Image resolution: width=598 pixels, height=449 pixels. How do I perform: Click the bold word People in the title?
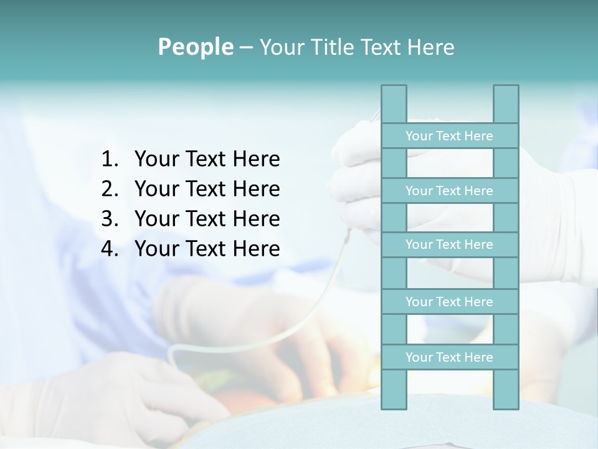[195, 47]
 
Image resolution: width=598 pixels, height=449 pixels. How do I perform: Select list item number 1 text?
[207, 160]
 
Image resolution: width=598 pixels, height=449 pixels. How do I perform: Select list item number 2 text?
[207, 189]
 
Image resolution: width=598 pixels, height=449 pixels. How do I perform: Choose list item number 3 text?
[207, 219]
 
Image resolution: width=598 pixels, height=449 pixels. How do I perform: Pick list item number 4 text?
[207, 249]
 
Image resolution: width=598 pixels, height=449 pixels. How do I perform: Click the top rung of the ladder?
[449, 136]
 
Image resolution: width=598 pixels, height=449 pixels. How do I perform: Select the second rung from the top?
[449, 191]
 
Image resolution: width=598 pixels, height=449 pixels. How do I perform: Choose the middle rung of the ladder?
[449, 244]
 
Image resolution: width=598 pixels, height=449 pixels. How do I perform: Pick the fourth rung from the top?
[449, 302]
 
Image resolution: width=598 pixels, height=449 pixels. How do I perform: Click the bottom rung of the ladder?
[449, 357]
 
